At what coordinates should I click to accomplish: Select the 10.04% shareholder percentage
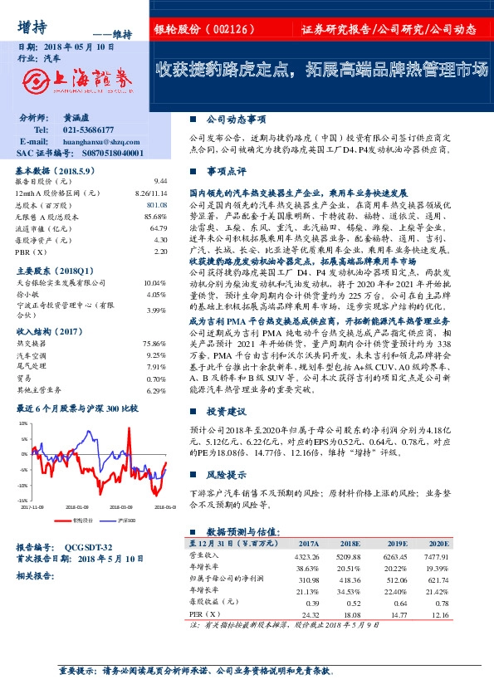tap(155, 283)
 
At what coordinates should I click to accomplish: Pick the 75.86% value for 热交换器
tap(155, 343)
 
